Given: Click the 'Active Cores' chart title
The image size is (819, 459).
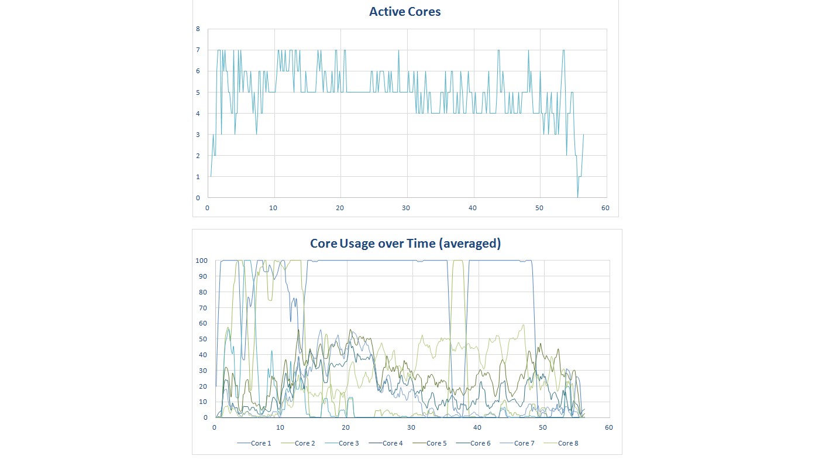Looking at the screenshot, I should [405, 12].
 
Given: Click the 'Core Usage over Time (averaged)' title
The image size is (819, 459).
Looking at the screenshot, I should [405, 244].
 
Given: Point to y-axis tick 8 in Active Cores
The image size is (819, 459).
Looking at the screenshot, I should [198, 29].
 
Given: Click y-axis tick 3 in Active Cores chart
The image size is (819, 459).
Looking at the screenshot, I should [198, 135].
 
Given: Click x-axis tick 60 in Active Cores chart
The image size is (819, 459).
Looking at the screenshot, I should [606, 208].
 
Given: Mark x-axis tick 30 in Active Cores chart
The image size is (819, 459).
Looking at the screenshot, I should [407, 208].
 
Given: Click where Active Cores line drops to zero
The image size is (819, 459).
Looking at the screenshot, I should [578, 197].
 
